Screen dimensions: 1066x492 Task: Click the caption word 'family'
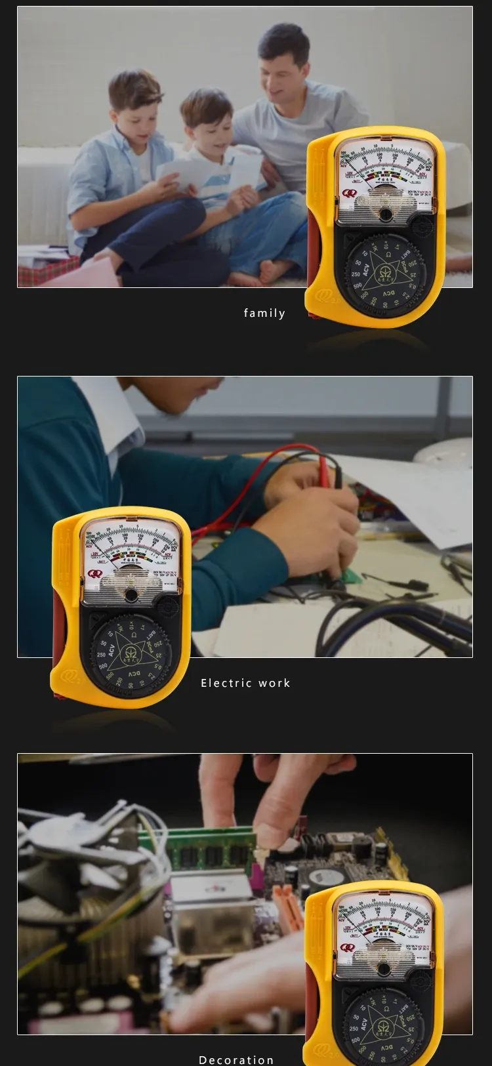click(x=264, y=314)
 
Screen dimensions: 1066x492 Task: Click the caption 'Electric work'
click(x=245, y=684)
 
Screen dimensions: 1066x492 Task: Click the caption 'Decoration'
click(x=236, y=1059)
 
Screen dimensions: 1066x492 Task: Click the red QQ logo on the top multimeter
click(x=348, y=194)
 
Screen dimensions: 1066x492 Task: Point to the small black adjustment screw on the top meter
click(x=385, y=215)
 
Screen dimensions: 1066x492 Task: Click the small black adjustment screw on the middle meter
click(x=132, y=595)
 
